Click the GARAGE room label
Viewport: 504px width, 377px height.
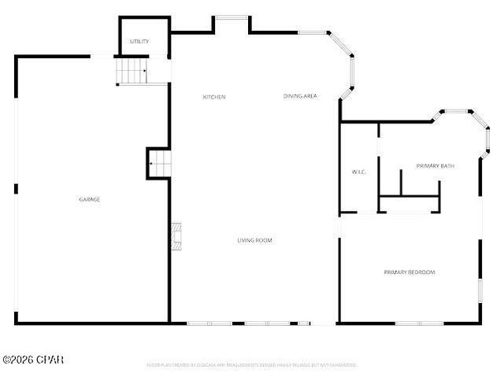click(89, 199)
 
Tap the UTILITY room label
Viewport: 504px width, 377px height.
click(139, 41)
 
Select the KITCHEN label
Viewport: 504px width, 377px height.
click(214, 97)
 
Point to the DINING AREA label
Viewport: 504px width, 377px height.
click(300, 96)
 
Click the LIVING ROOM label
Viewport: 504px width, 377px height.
click(255, 240)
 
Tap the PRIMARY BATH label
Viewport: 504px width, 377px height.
click(435, 165)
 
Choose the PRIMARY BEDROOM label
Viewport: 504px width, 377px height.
click(409, 272)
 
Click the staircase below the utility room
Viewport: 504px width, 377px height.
click(132, 72)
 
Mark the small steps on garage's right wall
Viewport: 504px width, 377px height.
click(159, 164)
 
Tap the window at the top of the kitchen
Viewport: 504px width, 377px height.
click(232, 17)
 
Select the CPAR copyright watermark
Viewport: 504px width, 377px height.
click(33, 360)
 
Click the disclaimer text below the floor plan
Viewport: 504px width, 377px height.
click(251, 365)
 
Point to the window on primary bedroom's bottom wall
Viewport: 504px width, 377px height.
click(419, 323)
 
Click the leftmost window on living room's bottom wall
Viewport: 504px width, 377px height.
click(209, 323)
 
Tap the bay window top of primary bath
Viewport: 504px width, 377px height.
click(454, 112)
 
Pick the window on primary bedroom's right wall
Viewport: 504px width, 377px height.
click(479, 289)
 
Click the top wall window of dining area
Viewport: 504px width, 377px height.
click(313, 32)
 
